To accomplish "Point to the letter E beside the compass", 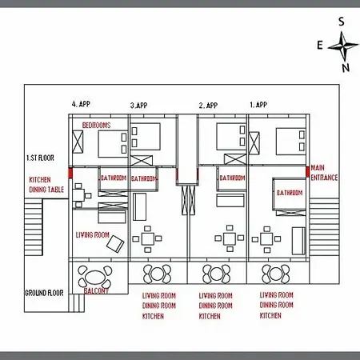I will coord(320,45).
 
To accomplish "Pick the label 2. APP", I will coord(210,105).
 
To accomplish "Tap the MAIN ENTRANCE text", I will coord(324,173).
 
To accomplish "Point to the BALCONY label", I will coord(96,291).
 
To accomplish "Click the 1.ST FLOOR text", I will coord(42,158).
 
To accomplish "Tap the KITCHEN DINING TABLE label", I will coord(46,185).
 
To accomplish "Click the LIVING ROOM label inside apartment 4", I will coord(92,234).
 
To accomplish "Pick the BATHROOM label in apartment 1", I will coord(289,193).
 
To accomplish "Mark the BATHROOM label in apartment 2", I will coord(232,178).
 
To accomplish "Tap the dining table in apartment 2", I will coord(230,238).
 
